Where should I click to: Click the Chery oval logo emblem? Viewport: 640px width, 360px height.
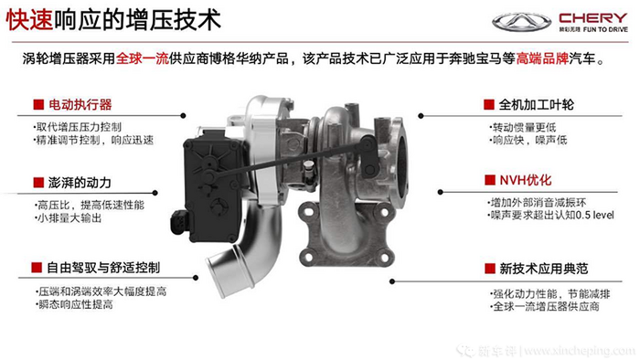(x=522, y=22)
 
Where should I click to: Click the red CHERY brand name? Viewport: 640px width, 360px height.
(x=593, y=18)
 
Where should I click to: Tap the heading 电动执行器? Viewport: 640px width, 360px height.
(x=80, y=105)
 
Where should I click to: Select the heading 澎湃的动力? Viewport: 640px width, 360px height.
(x=80, y=182)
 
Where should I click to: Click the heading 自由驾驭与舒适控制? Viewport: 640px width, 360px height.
(x=103, y=268)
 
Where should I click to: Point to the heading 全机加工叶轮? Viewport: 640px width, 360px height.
(x=537, y=105)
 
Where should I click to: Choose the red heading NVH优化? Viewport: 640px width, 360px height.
(x=526, y=180)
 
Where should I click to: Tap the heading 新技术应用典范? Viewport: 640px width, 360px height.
(x=544, y=269)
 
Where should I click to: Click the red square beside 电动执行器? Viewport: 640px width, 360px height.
(x=38, y=105)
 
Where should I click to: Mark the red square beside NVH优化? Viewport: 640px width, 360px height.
(x=489, y=180)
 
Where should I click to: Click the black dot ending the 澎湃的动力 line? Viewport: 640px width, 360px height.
(x=155, y=193)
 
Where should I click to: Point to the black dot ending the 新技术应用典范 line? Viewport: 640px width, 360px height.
(x=392, y=281)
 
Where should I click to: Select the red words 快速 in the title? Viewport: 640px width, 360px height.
(x=30, y=20)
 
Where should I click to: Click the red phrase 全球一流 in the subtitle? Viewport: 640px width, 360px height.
(x=143, y=58)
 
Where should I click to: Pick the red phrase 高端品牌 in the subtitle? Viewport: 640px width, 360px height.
(x=543, y=58)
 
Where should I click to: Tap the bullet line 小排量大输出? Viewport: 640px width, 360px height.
(x=69, y=218)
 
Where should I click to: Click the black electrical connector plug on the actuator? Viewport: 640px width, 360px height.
(x=178, y=222)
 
